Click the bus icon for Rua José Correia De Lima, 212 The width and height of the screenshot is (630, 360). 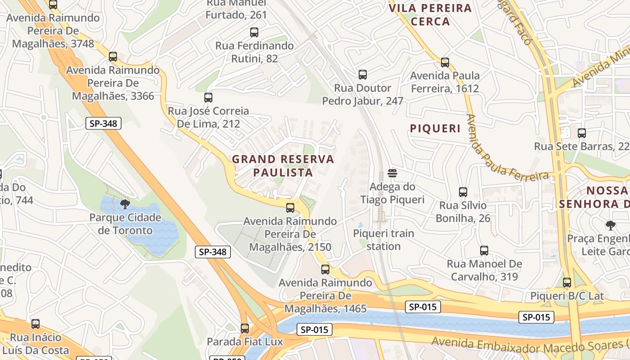tap(208, 98)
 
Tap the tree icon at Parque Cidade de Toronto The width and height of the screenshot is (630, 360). tap(125, 205)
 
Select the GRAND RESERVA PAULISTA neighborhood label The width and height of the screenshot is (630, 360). tap(283, 166)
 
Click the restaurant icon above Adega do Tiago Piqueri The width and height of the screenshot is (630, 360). tap(392, 174)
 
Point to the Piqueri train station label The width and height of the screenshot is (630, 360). tap(383, 240)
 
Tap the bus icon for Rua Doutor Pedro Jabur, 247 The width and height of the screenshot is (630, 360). tap(363, 75)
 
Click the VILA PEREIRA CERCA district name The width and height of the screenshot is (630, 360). tap(430, 15)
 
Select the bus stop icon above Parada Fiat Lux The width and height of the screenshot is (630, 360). tap(245, 328)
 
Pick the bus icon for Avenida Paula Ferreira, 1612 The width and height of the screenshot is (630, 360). tap(445, 63)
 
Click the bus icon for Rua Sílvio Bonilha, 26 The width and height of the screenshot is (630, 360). tap(463, 192)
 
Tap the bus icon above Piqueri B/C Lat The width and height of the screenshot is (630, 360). tap(567, 283)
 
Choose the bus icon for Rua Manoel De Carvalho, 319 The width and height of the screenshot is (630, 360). tap(484, 251)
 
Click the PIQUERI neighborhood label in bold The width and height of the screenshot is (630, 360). tap(435, 129)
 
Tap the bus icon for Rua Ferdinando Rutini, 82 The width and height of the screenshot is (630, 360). tap(254, 32)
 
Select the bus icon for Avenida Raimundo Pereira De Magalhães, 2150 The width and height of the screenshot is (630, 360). tap(290, 208)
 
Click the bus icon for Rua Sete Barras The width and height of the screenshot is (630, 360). tap(582, 133)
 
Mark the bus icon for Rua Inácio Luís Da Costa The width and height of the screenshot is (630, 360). tap(36, 324)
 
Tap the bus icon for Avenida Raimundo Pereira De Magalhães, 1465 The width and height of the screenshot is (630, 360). tap(325, 270)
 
